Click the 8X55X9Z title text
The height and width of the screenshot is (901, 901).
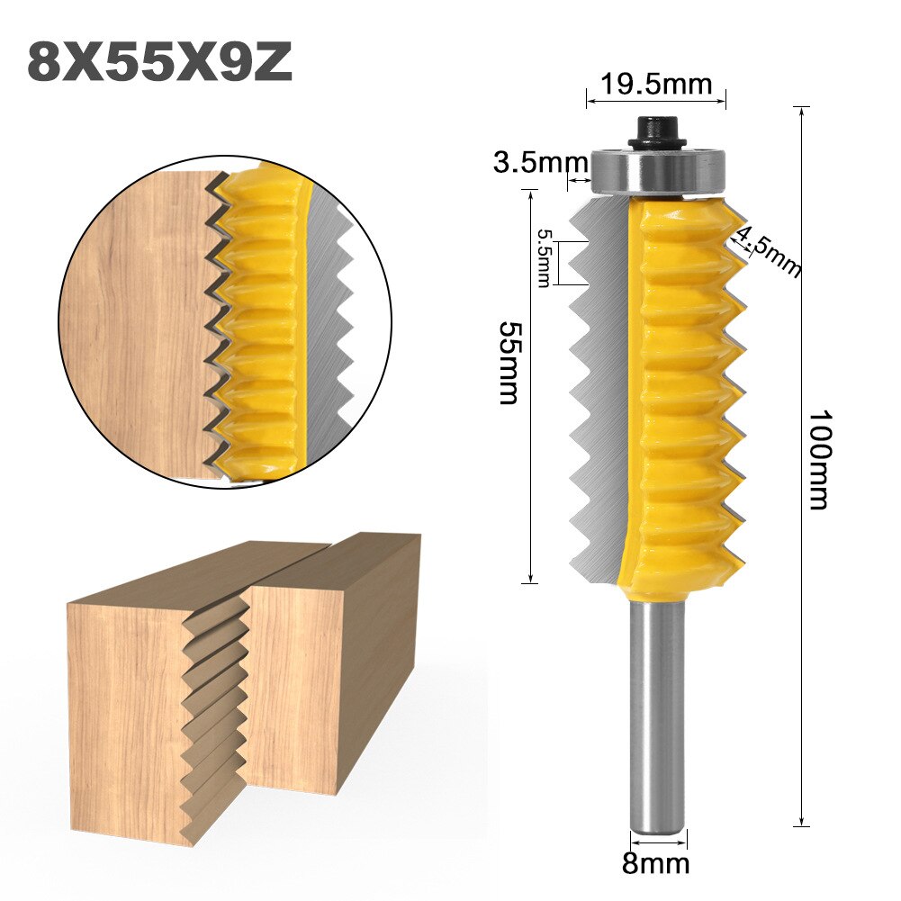point(160,62)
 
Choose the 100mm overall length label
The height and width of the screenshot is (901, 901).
point(818,460)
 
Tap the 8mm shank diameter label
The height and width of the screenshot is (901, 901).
point(655,865)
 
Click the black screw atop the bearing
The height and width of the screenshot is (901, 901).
point(655,132)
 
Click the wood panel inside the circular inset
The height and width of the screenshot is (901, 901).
point(135,324)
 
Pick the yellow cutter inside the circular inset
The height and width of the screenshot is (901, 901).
point(261,324)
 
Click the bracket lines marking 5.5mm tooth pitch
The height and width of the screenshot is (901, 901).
point(560,263)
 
